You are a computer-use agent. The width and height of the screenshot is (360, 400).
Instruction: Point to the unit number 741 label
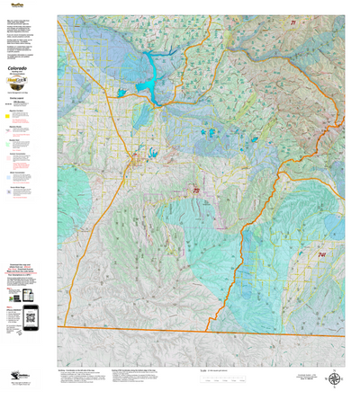[322, 255]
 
